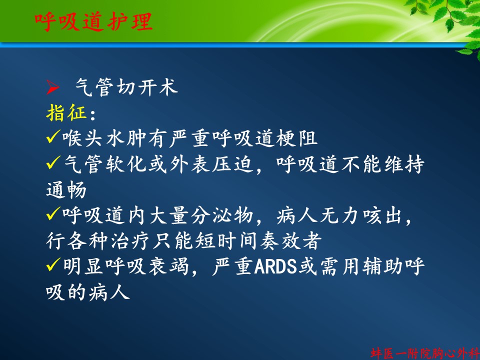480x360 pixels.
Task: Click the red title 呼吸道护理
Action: [x=93, y=21]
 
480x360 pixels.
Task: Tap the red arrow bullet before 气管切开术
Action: [x=53, y=87]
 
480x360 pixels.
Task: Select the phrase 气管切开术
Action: [x=126, y=87]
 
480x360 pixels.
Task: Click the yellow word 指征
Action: [x=66, y=112]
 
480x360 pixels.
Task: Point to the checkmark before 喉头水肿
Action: [x=54, y=136]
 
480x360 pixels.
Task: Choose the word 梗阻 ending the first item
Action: [x=296, y=138]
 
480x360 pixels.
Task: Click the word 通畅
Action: [x=66, y=190]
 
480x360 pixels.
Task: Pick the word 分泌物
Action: [x=222, y=215]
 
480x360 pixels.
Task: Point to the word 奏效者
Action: [x=291, y=241]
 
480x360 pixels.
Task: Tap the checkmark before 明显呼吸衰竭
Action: [x=54, y=265]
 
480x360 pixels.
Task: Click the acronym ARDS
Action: [x=275, y=266]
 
